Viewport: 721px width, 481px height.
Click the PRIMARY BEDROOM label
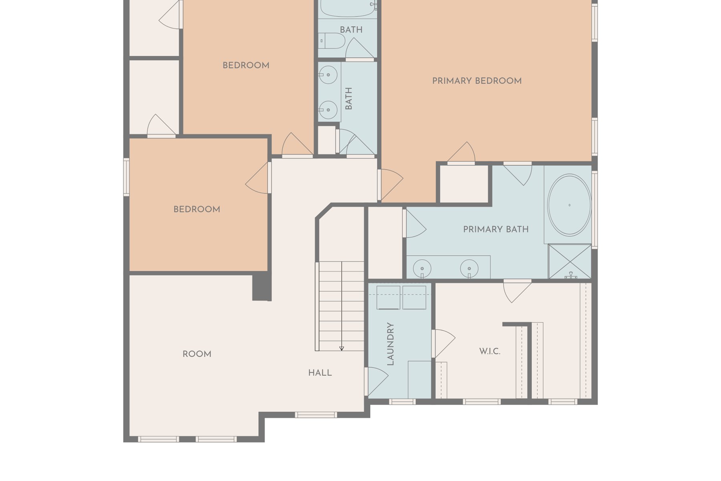[x=477, y=81]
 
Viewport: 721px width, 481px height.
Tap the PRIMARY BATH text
[x=496, y=229]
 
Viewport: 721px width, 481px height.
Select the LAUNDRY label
[x=391, y=344]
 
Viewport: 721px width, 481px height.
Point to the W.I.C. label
[x=489, y=352]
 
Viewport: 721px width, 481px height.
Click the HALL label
[x=320, y=373]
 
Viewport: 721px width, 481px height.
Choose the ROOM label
[x=197, y=354]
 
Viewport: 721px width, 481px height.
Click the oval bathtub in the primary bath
[x=569, y=205]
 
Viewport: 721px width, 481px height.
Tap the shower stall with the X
[x=570, y=261]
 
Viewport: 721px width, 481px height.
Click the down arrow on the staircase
[x=342, y=348]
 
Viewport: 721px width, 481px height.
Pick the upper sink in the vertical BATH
[x=328, y=75]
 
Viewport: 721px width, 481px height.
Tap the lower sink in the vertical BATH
[x=328, y=110]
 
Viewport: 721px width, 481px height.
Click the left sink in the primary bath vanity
[x=422, y=268]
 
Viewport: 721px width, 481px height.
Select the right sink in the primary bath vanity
[x=469, y=268]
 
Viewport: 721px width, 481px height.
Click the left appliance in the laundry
[x=388, y=297]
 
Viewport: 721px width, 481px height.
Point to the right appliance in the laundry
[x=414, y=297]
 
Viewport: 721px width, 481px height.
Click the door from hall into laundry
[x=377, y=381]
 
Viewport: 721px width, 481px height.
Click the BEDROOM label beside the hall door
[x=197, y=209]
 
